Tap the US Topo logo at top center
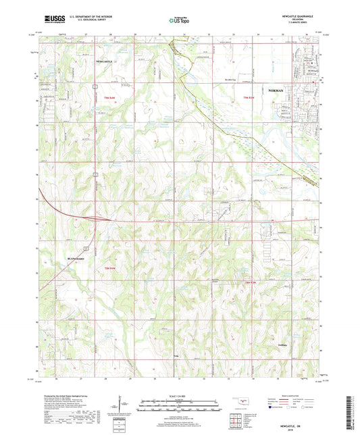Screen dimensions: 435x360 point(178,21)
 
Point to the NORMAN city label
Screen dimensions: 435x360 point(276,90)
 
